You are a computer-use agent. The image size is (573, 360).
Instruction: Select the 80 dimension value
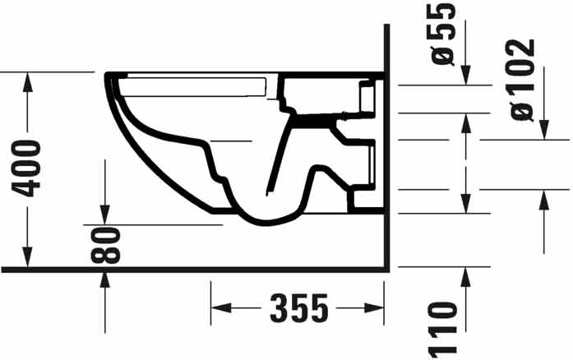pos(106,245)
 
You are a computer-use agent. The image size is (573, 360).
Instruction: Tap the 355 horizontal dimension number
pos(298,309)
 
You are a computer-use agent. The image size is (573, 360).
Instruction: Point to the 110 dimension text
pos(444,329)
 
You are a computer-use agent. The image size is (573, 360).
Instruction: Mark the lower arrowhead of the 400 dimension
pos(29,261)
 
